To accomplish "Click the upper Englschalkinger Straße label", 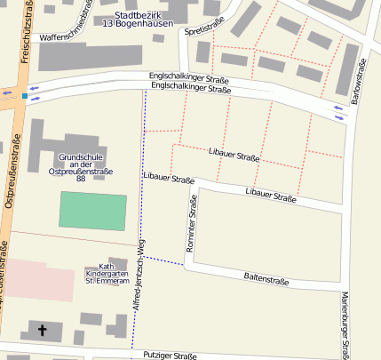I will [190, 80].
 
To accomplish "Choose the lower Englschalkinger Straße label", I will [190, 88].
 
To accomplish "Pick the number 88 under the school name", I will [81, 178].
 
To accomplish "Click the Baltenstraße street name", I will [266, 279].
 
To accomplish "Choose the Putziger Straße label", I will [169, 355].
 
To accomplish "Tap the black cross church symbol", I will [43, 330].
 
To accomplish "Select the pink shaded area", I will [36, 280].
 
